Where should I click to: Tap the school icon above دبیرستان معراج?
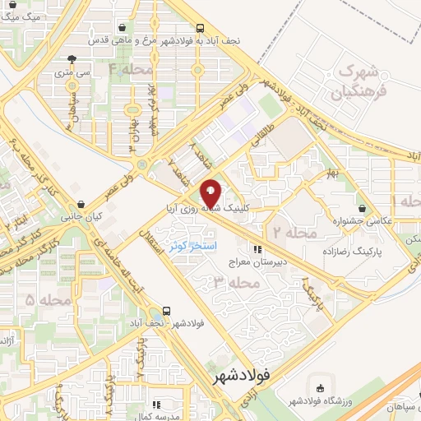[257, 249]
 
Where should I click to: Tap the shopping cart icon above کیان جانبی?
[81, 203]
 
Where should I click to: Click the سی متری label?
[75, 72]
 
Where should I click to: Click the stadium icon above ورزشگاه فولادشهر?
[321, 388]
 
